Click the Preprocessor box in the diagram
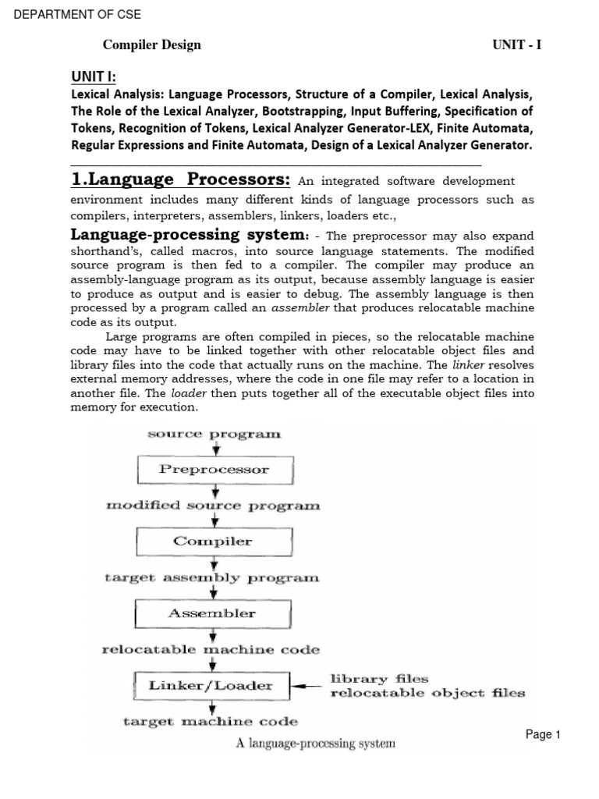coord(214,470)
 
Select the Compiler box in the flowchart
coord(214,542)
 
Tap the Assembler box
coord(212,613)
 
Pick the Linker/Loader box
coord(211,686)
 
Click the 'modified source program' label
coord(213,506)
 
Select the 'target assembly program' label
coord(212,578)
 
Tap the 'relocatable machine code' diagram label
coord(211,649)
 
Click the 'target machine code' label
coord(211,722)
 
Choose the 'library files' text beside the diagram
coord(380,679)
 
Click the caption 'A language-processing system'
coord(316,744)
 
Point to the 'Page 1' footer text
coord(543,734)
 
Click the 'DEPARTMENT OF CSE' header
coord(76,15)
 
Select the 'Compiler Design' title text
coord(152,44)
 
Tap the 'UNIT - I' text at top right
coord(516,44)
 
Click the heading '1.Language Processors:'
coord(180,180)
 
